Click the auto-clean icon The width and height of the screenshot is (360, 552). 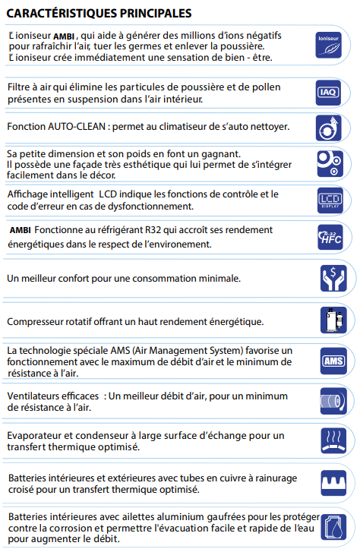(330, 126)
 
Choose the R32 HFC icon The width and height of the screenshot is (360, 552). (330, 238)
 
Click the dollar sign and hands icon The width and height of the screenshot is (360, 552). (330, 279)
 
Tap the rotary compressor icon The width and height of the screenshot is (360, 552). (330, 321)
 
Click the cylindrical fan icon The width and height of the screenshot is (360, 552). (330, 401)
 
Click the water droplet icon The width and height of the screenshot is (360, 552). (330, 527)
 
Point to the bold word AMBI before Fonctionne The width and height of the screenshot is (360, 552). (21, 230)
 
